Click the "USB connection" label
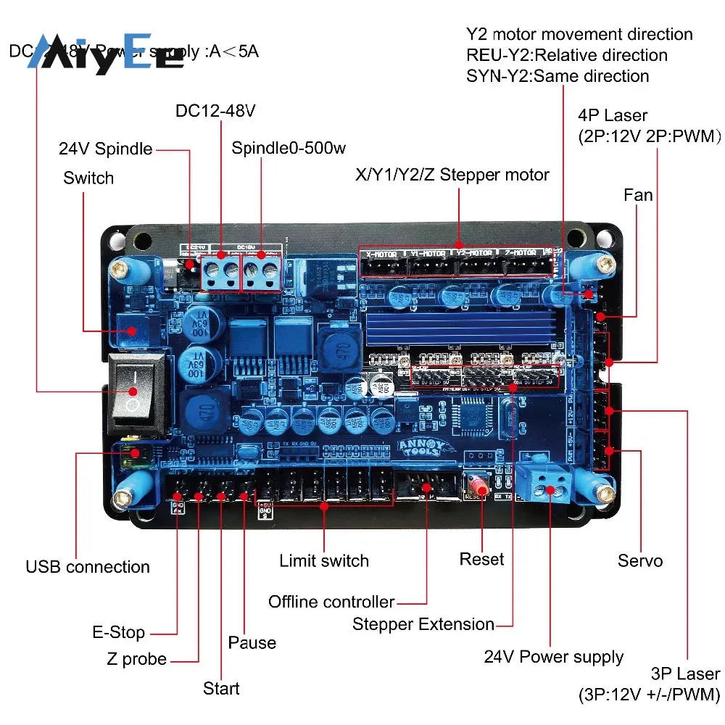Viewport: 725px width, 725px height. [x=88, y=567]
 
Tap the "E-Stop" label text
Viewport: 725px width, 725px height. [x=118, y=632]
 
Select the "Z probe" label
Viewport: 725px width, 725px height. [x=136, y=659]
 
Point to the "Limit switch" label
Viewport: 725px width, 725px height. [x=324, y=560]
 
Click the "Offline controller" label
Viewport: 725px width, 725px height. [x=331, y=602]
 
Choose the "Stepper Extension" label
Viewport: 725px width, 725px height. [x=423, y=624]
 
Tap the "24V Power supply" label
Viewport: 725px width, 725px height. [x=553, y=657]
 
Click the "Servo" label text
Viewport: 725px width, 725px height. [x=639, y=560]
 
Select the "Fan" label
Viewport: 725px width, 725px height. [x=638, y=195]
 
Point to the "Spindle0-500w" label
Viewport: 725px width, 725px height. [x=289, y=149]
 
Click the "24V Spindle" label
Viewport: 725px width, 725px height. [x=106, y=149]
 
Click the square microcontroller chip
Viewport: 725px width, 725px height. [x=466, y=419]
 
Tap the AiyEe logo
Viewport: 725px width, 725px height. [x=106, y=55]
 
